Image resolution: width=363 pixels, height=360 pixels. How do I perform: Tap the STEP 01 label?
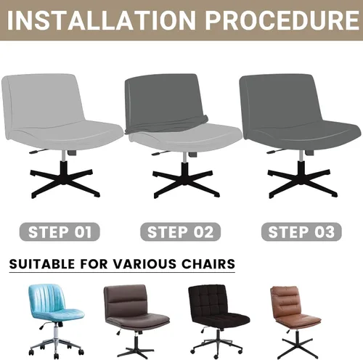(60, 232)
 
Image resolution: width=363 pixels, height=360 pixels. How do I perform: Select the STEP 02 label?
(181, 232)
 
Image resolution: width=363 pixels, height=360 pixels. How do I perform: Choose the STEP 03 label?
(301, 232)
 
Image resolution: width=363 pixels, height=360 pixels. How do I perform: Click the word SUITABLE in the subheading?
(43, 262)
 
